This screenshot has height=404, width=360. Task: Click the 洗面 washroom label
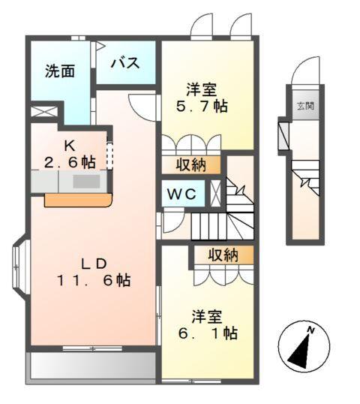pyautogui.click(x=60, y=71)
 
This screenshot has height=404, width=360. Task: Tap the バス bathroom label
pyautogui.click(x=125, y=63)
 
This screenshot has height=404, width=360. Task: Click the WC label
pyautogui.click(x=180, y=194)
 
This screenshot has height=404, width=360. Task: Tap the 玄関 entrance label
pyautogui.click(x=304, y=105)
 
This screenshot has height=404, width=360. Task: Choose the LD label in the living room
pyautogui.click(x=96, y=264)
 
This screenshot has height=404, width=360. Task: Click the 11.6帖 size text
pyautogui.click(x=94, y=281)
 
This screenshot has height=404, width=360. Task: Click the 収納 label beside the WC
pyautogui.click(x=191, y=164)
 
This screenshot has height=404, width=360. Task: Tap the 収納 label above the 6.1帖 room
pyautogui.click(x=223, y=255)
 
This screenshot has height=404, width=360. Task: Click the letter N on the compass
pyautogui.click(x=310, y=330)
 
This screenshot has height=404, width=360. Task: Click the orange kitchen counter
pyautogui.click(x=78, y=200)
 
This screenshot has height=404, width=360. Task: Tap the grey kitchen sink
pyautogui.click(x=86, y=182)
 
